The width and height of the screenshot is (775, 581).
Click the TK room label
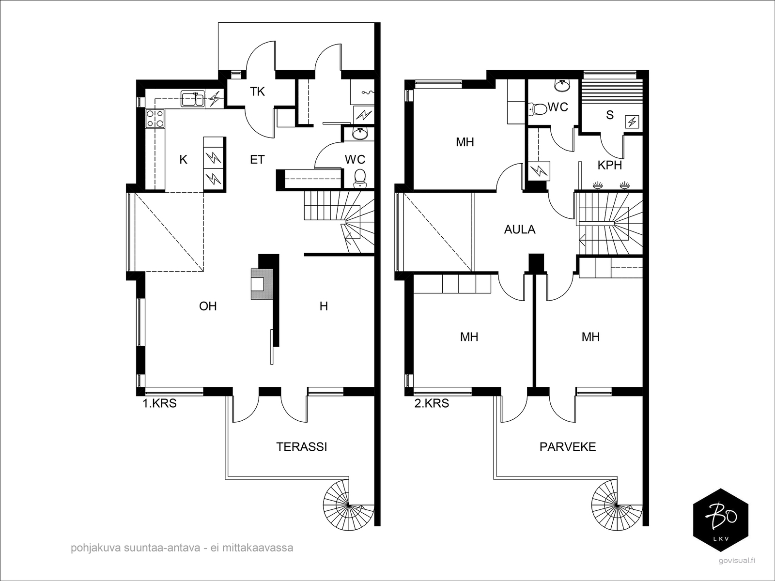click(x=257, y=92)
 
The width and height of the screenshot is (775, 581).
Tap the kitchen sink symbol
click(x=192, y=98)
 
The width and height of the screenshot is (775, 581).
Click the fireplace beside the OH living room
click(x=262, y=284)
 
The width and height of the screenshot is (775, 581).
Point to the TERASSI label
click(x=302, y=447)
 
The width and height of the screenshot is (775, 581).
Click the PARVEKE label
click(x=568, y=447)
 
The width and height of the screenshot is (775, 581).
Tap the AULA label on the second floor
click(x=520, y=229)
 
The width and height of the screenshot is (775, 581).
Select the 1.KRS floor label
click(x=159, y=403)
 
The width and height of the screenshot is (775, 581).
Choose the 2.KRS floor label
click(x=432, y=403)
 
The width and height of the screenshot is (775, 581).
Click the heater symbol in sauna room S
click(x=632, y=122)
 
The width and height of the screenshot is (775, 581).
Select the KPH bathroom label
click(x=610, y=165)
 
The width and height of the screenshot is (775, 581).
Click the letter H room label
click(x=324, y=306)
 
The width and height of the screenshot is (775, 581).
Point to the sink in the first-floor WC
click(x=360, y=133)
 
